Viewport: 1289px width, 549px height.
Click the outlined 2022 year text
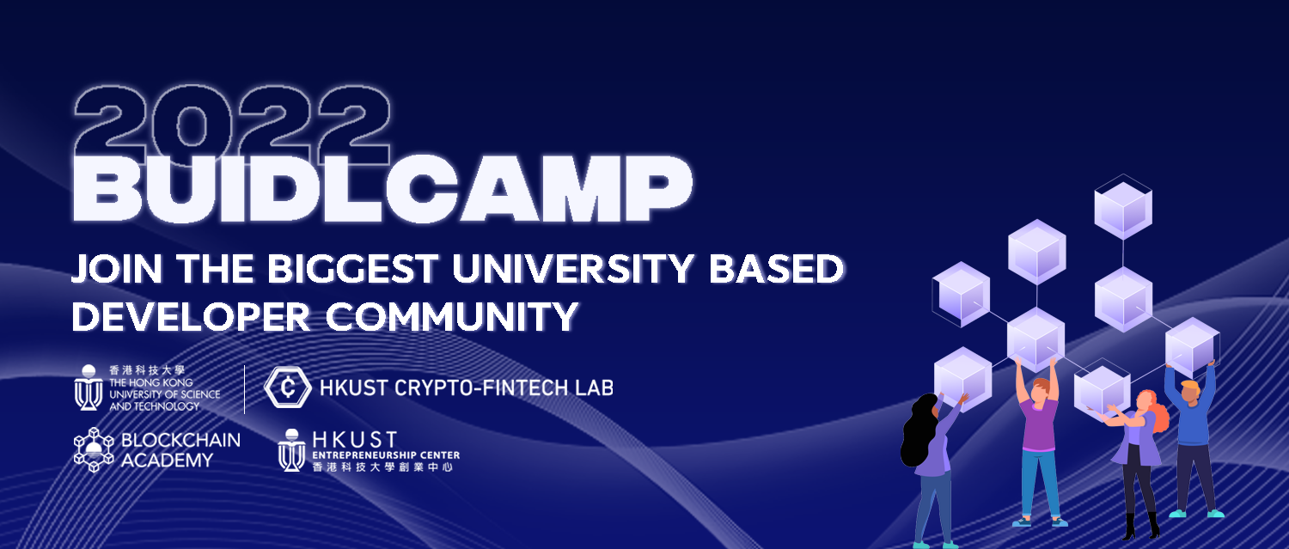click(x=233, y=125)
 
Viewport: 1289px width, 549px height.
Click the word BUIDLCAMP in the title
click(x=382, y=189)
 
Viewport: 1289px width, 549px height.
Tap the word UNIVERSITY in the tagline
click(x=573, y=269)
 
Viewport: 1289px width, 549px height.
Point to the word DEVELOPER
click(x=191, y=316)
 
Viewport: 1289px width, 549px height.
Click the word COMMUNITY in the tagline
click(x=452, y=316)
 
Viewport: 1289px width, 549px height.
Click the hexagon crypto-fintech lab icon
click(x=288, y=387)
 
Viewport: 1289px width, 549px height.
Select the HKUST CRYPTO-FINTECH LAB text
click(x=467, y=387)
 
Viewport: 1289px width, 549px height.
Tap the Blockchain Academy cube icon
click(x=94, y=449)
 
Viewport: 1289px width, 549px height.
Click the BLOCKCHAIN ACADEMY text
click(x=180, y=450)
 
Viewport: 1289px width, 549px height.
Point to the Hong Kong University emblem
click(x=88, y=387)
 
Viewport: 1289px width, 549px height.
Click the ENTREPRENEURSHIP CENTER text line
click(x=386, y=455)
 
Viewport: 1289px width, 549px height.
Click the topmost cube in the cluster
click(x=1123, y=207)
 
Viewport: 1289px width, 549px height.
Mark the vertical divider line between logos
click(x=245, y=389)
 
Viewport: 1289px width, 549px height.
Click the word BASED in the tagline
click(x=776, y=269)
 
